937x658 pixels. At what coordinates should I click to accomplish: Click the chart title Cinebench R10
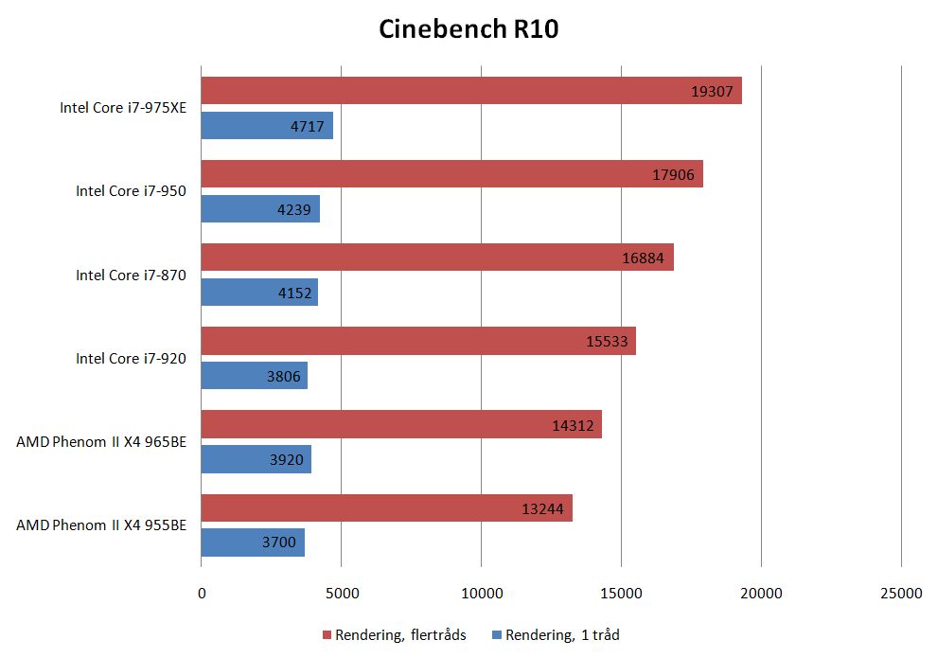tap(468, 29)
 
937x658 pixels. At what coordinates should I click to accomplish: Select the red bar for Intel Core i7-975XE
tap(470, 91)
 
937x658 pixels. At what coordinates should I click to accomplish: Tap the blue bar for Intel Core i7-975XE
tap(267, 126)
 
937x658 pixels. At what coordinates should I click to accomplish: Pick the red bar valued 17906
tap(451, 174)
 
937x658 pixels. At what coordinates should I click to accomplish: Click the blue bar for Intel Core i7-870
tap(259, 293)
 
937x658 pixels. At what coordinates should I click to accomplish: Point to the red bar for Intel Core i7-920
tap(417, 341)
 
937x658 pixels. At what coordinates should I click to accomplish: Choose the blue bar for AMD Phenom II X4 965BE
tap(256, 459)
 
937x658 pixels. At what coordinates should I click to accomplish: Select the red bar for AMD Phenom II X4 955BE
tap(386, 507)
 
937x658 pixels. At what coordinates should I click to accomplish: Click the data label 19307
tap(712, 92)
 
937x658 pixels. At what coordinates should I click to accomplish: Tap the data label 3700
tap(279, 543)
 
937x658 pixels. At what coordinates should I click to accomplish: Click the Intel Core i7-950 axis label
tap(131, 191)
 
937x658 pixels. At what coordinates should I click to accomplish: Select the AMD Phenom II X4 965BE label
tap(101, 441)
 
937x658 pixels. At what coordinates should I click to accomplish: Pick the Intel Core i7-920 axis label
tap(131, 358)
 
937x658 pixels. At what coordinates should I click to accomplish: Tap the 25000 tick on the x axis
tap(900, 594)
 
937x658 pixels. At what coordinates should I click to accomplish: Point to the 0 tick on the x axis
tap(202, 594)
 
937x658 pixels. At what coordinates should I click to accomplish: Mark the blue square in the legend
tap(497, 635)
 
